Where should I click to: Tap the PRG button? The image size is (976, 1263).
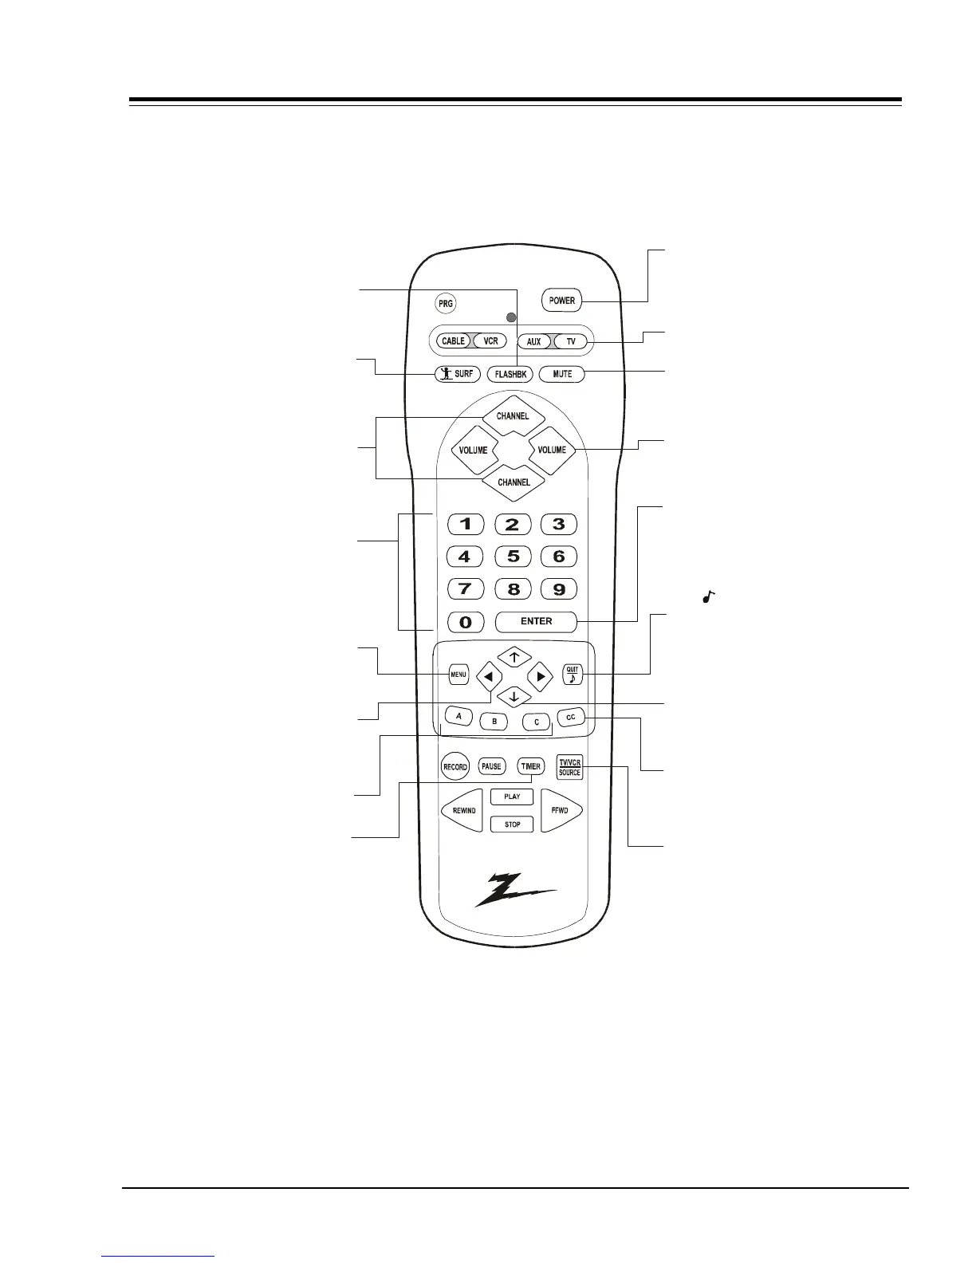pyautogui.click(x=445, y=304)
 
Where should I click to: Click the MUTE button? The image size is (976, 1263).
pyautogui.click(x=561, y=374)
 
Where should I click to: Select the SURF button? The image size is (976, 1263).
pyautogui.click(x=457, y=373)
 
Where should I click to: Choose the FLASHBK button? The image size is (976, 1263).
pyautogui.click(x=510, y=374)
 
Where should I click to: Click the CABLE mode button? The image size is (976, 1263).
pyautogui.click(x=453, y=341)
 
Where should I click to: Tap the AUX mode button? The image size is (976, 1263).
pyautogui.click(x=533, y=342)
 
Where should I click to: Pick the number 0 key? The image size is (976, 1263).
pyautogui.click(x=466, y=622)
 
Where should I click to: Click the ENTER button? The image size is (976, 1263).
pyautogui.click(x=536, y=621)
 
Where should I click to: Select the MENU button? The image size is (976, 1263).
pyautogui.click(x=458, y=675)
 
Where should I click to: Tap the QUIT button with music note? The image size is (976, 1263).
pyautogui.click(x=573, y=675)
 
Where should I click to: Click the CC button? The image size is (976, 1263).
pyautogui.click(x=570, y=718)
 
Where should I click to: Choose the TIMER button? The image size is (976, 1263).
pyautogui.click(x=530, y=766)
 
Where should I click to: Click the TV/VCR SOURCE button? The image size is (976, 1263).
pyautogui.click(x=569, y=767)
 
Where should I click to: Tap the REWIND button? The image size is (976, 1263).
pyautogui.click(x=463, y=810)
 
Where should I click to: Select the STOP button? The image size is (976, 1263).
pyautogui.click(x=512, y=824)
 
